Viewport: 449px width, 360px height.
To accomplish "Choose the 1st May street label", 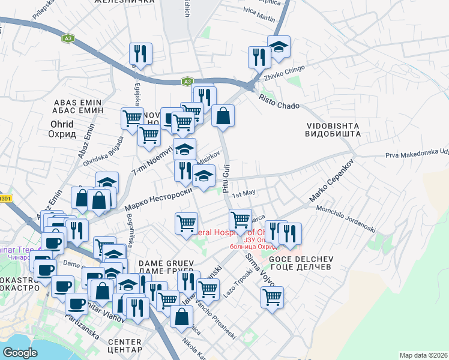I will [x=244, y=193].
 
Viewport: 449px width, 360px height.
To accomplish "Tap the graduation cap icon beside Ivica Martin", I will [x=279, y=48].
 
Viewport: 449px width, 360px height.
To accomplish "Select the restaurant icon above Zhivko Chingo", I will [x=260, y=58].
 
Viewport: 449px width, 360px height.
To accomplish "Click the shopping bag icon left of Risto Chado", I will [x=223, y=116].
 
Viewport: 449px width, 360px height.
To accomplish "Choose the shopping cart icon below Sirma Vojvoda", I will [x=272, y=297].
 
